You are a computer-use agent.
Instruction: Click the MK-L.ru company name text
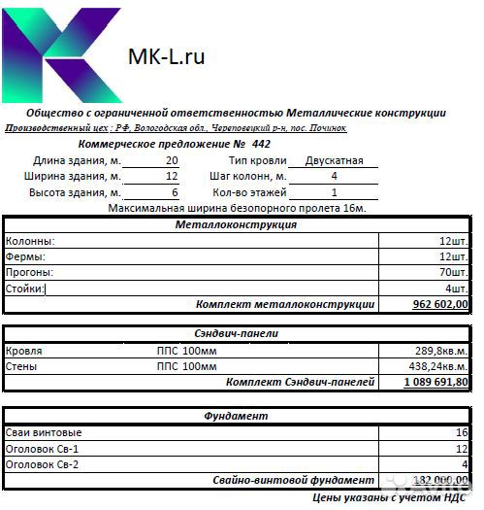coord(166,57)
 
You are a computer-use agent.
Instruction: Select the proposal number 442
coord(261,144)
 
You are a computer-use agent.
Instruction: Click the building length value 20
coord(172,160)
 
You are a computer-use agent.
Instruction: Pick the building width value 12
coord(172,177)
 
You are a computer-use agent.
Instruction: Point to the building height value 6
coord(175,192)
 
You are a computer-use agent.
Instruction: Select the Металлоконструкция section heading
coord(236,224)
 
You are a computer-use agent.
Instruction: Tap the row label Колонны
coord(30,240)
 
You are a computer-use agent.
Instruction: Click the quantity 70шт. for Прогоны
coord(453,272)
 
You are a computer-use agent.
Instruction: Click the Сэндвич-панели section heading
coord(236,333)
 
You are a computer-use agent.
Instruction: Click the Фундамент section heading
coord(236,416)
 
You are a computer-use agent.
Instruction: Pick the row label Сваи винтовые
coord(44,432)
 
